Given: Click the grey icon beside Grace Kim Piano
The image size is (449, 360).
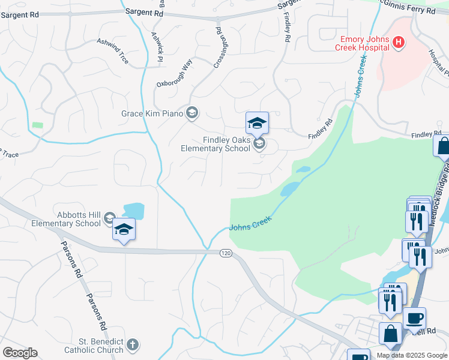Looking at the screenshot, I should (192, 113).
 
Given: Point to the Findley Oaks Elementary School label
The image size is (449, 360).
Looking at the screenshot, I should (217, 144).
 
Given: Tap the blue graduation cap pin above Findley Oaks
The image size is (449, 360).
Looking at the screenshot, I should (257, 123).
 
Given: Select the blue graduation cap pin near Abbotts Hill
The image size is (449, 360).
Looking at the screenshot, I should (124, 230).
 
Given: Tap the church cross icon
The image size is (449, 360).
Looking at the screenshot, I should (133, 345).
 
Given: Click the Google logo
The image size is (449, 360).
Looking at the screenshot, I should (20, 353).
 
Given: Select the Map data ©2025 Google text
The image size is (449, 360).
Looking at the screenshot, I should (412, 355).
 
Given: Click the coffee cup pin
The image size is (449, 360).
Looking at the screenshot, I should (414, 317).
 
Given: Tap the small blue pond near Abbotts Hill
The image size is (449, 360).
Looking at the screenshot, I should (133, 211).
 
